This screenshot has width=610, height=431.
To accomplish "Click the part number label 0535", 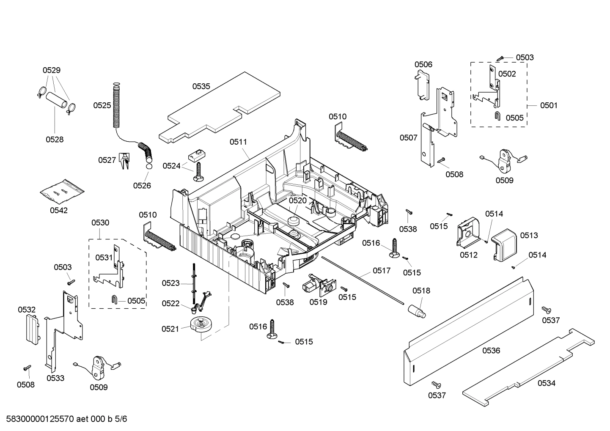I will pos(201,86).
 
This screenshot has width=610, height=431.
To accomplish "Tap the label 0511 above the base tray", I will pos(238,142).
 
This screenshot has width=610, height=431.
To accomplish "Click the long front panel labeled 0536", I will pos(465,330).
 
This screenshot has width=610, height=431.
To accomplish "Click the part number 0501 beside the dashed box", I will pos(549,105).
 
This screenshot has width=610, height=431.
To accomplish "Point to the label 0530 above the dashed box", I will pos(100,222).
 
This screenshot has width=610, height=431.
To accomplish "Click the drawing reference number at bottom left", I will pos(64,419).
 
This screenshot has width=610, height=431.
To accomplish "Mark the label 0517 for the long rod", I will pos(382,270).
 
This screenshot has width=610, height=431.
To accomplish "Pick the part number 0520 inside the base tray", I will pos(297,200).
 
